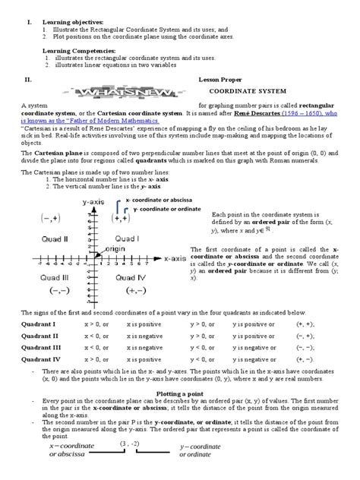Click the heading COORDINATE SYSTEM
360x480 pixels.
coord(242,89)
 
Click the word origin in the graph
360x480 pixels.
coord(115,248)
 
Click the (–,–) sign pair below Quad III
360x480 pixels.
coord(58,291)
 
